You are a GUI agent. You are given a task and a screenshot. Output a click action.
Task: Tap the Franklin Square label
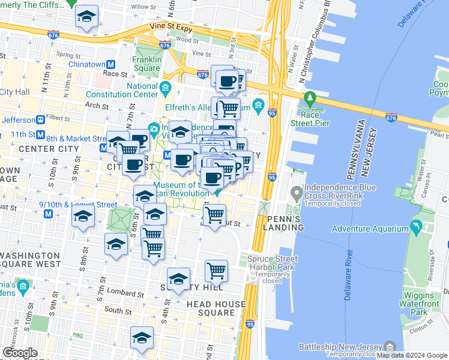[148, 64]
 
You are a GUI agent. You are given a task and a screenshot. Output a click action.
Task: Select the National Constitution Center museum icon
[165, 91]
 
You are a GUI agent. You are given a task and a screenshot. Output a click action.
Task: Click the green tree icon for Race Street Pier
[310, 97]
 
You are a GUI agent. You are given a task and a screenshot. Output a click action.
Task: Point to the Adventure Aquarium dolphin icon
[415, 228]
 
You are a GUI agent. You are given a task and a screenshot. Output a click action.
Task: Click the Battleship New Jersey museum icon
[390, 347]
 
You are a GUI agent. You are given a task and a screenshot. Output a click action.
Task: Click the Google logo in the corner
[20, 353]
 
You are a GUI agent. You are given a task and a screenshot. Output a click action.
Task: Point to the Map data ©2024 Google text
[412, 355]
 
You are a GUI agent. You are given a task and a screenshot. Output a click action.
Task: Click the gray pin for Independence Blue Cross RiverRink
[296, 193]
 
